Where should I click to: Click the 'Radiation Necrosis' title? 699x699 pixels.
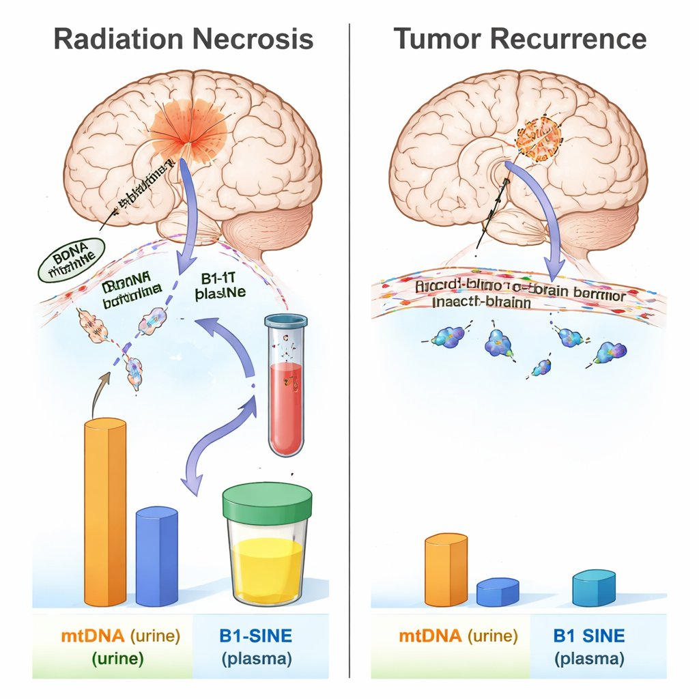click(183, 39)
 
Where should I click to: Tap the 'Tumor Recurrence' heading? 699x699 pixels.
click(520, 39)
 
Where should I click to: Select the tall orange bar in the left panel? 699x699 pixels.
click(105, 512)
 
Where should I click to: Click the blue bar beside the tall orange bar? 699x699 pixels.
click(156, 556)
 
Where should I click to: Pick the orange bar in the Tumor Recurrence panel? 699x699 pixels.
click(446, 570)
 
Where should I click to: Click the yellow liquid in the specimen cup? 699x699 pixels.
click(267, 570)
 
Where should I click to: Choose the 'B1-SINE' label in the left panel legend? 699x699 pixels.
click(255, 636)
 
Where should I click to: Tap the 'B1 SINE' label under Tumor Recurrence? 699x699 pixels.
click(588, 636)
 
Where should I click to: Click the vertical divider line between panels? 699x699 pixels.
click(349, 341)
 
